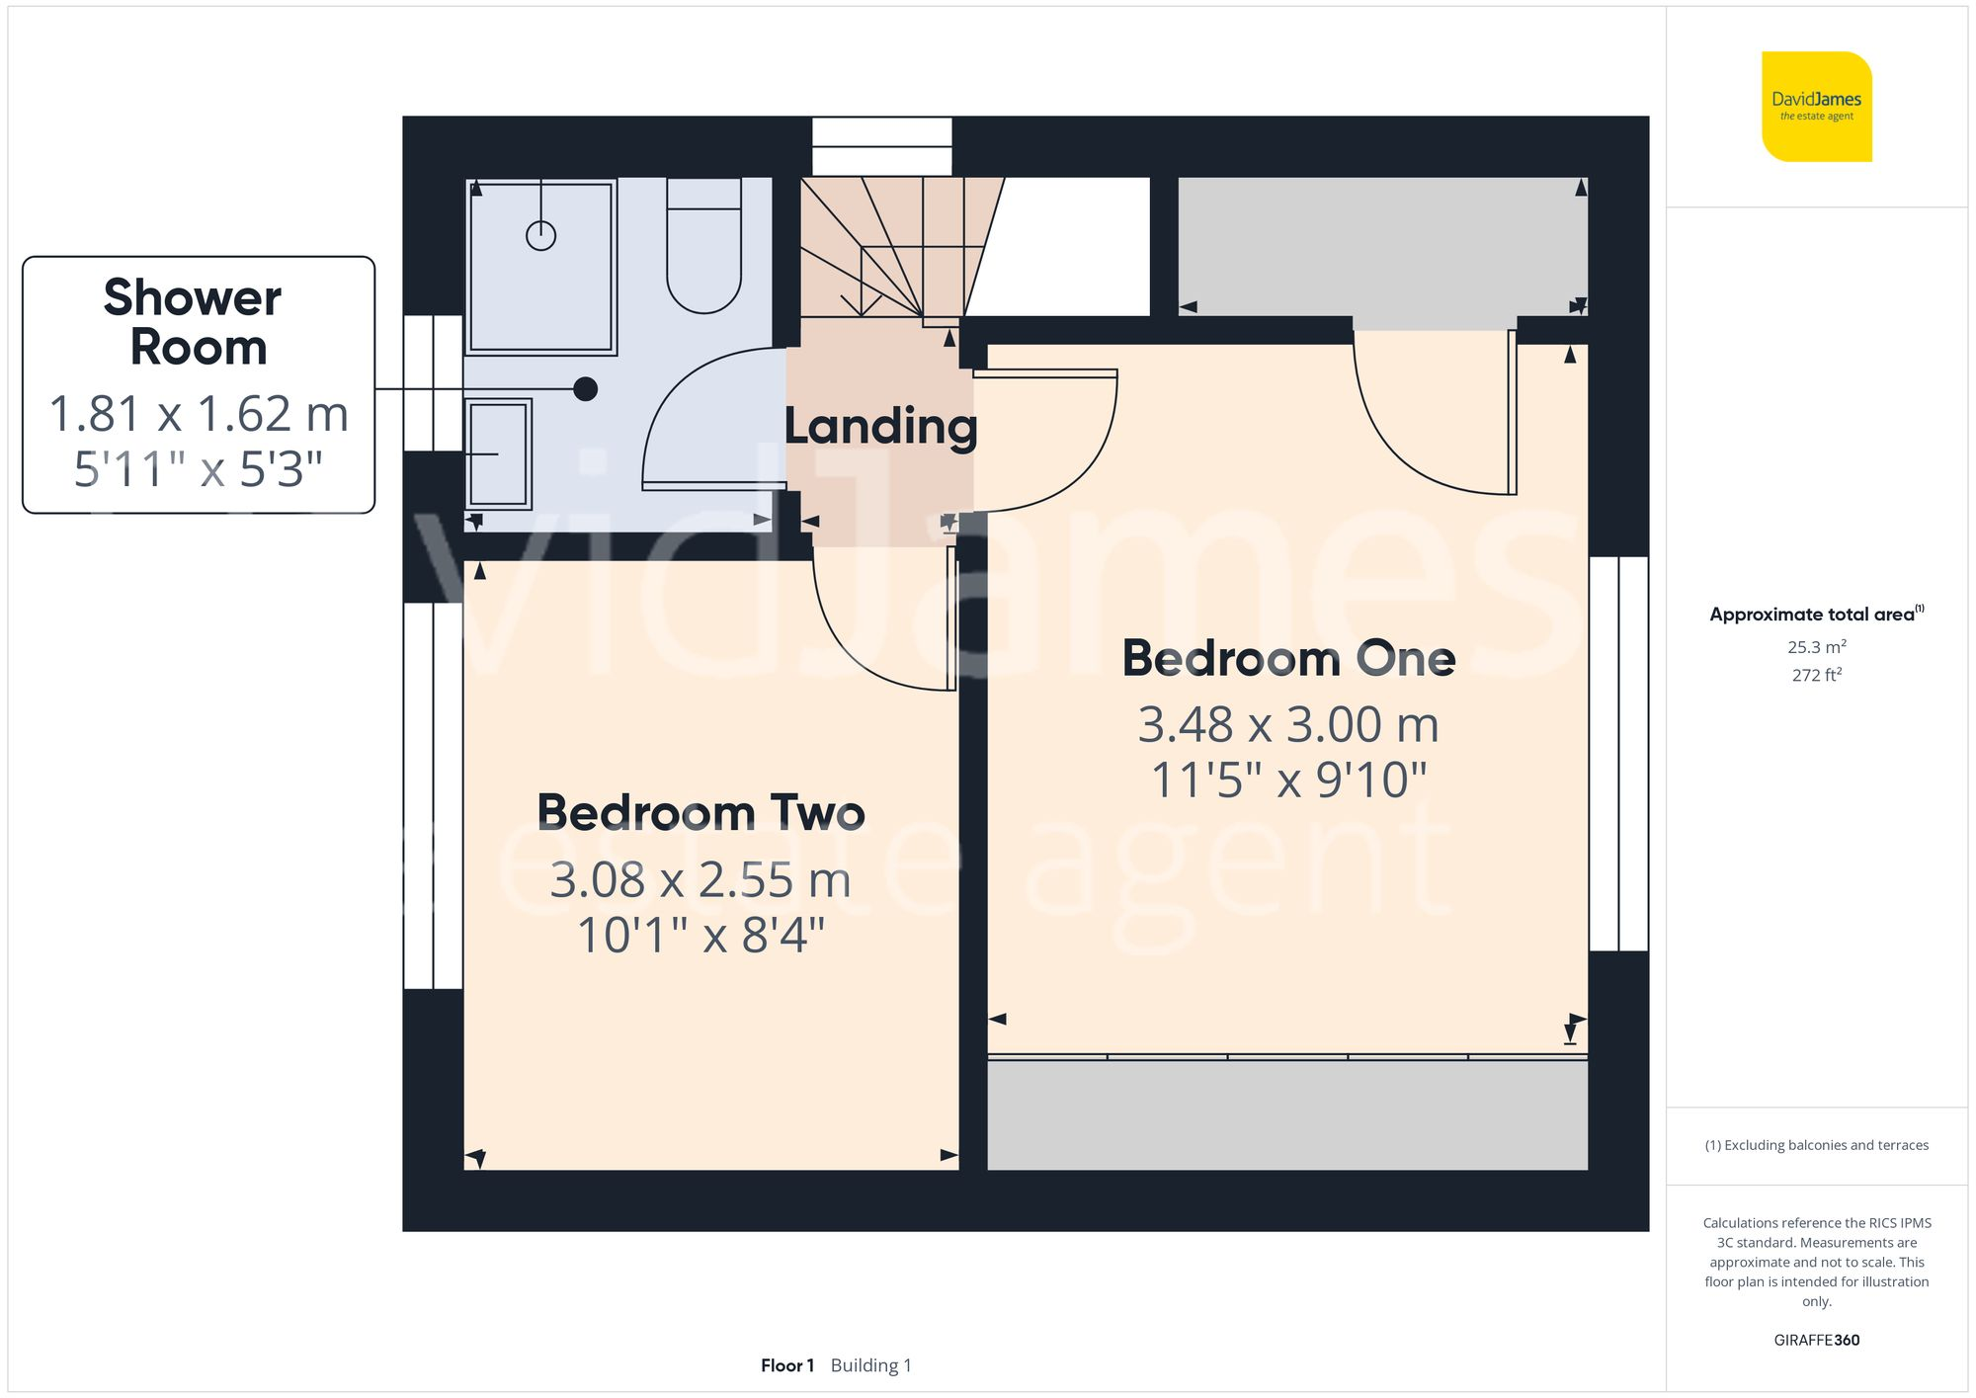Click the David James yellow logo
(x=1816, y=107)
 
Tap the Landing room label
(x=880, y=427)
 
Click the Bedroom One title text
(x=1288, y=659)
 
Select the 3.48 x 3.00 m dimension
(x=1288, y=725)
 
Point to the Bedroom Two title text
(x=700, y=813)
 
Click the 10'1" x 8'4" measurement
(x=700, y=935)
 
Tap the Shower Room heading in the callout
(x=196, y=322)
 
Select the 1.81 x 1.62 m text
(x=199, y=414)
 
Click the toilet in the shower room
(x=703, y=247)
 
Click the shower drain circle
(x=540, y=235)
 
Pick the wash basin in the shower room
(x=498, y=453)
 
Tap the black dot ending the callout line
(x=585, y=389)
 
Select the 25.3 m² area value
(x=1816, y=647)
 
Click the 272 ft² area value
(x=1816, y=675)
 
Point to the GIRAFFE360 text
(x=1816, y=1340)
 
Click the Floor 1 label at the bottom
(x=786, y=1365)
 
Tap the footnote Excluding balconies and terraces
(x=1816, y=1145)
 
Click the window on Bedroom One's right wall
(x=1618, y=753)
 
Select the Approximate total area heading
(x=1816, y=614)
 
